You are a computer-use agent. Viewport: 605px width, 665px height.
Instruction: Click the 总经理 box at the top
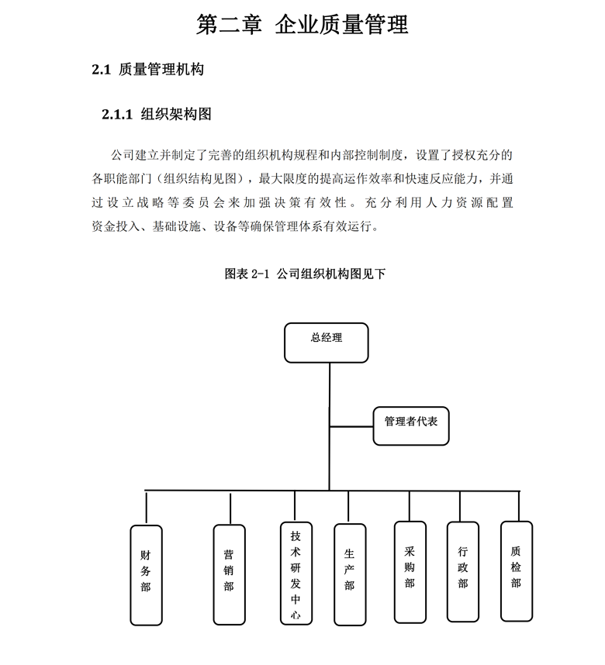326,343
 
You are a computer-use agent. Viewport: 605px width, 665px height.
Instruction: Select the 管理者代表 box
411,426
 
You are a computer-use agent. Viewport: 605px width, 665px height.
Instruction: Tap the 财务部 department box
146,575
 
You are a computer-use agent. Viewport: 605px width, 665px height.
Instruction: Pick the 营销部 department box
230,574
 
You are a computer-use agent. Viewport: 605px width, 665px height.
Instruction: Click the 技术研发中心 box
296,574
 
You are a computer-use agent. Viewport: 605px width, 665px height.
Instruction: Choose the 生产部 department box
350,574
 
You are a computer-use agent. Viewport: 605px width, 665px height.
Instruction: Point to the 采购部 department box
410,572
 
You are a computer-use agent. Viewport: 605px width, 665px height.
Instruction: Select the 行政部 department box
463,572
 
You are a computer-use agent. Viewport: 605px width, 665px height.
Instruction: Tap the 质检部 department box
517,571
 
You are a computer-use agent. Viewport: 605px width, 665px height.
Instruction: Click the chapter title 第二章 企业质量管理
302,24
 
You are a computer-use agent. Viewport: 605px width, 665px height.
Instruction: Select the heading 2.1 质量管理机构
147,69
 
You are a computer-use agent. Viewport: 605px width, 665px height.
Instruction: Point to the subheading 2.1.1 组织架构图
157,114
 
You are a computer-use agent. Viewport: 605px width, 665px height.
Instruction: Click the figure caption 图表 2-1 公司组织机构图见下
305,274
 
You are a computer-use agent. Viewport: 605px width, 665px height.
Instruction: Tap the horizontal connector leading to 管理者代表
351,426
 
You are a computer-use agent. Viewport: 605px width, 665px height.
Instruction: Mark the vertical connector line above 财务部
146,508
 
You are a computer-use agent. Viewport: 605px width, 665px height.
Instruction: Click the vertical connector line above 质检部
519,506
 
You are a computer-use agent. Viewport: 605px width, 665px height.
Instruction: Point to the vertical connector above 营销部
230,508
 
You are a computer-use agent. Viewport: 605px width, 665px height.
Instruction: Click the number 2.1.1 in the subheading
117,115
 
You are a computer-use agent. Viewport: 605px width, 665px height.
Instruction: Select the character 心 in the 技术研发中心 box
296,615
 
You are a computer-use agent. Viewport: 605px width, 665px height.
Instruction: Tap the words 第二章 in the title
229,24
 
